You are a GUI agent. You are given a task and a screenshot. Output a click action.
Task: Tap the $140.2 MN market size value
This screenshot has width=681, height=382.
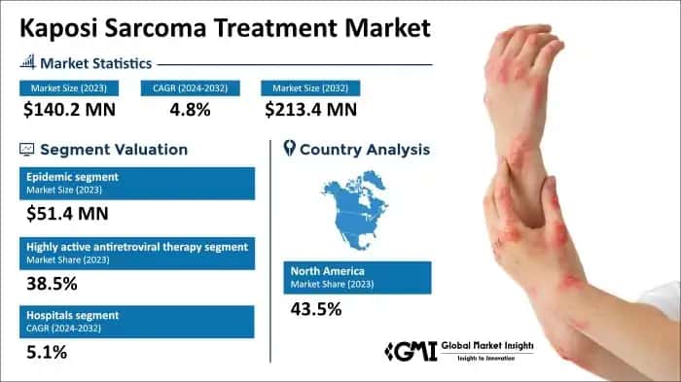tap(67, 109)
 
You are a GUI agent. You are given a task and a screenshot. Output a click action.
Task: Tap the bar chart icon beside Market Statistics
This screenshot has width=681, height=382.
tap(27, 63)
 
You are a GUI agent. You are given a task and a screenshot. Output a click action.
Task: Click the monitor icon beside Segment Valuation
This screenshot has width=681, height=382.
tap(27, 150)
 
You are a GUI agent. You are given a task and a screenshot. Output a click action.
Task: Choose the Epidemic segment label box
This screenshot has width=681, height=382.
tap(136, 182)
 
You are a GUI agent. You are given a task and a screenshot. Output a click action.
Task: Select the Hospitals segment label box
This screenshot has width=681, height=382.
tap(136, 321)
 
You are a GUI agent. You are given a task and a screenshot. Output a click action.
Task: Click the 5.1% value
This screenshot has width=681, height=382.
tap(48, 352)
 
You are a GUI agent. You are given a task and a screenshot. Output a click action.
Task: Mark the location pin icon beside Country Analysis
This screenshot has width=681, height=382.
tap(289, 150)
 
